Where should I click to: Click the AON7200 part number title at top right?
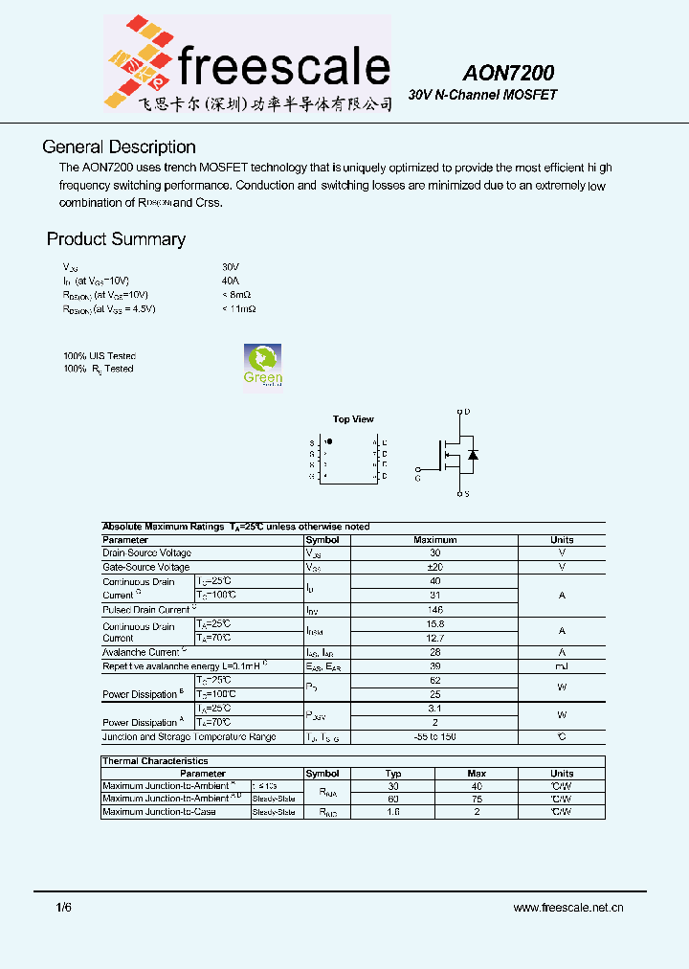[x=509, y=73]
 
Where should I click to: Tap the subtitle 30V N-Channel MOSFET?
[x=482, y=96]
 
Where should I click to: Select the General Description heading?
[x=119, y=147]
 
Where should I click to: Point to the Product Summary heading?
[x=116, y=239]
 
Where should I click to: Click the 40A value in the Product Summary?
[x=230, y=282]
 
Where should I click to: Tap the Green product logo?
[x=262, y=365]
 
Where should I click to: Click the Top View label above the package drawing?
[x=353, y=419]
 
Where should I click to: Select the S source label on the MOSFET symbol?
[x=466, y=494]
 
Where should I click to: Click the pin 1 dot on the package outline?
[x=329, y=442]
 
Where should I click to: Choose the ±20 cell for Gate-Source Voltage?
[x=434, y=568]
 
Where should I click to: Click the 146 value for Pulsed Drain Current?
[x=434, y=609]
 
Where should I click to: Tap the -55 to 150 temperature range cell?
[x=434, y=737]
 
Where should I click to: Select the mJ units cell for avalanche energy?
[x=562, y=665]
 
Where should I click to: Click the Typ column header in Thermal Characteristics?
[x=393, y=774]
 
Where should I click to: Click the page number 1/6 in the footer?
[x=64, y=907]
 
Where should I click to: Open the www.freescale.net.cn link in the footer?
[x=568, y=908]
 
